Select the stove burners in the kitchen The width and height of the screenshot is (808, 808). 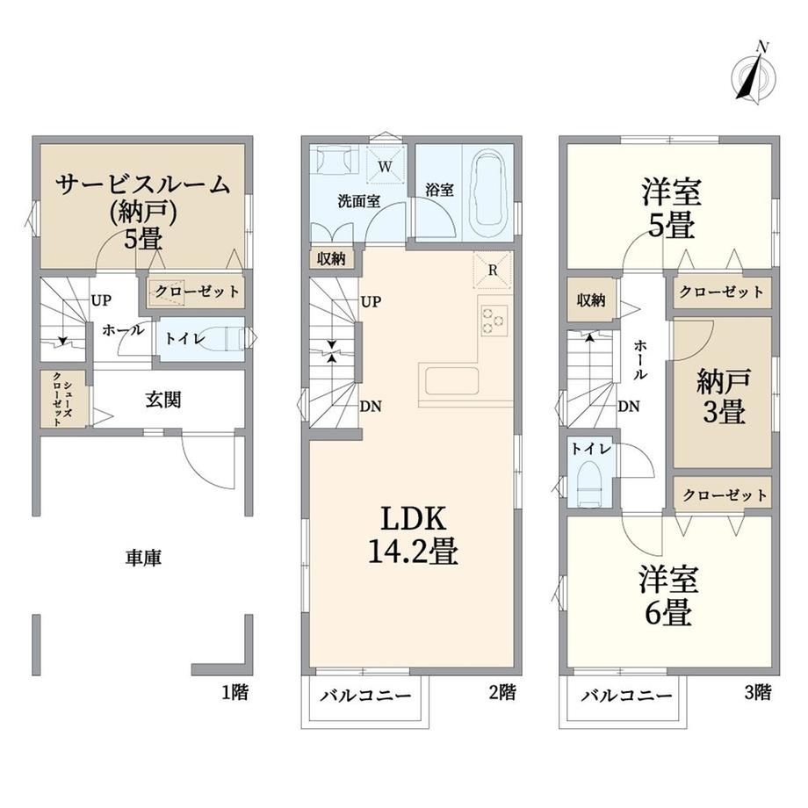[x=494, y=321]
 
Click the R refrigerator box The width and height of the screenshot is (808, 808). [x=492, y=271]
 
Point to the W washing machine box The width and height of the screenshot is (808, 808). [x=385, y=165]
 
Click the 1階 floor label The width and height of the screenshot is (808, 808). [x=234, y=692]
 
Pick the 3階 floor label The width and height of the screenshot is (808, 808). [x=757, y=692]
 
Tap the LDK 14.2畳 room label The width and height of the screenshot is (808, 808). [x=413, y=535]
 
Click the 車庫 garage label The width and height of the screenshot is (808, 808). [x=143, y=558]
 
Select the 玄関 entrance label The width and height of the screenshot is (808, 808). [x=162, y=400]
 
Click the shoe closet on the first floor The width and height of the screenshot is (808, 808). [x=63, y=399]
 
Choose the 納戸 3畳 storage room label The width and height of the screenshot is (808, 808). [x=724, y=396]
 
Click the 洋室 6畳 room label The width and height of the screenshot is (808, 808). [x=669, y=595]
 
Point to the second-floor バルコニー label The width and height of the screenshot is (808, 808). [x=366, y=696]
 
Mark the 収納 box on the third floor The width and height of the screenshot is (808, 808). [x=590, y=299]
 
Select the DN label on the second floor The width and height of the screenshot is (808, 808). [x=371, y=407]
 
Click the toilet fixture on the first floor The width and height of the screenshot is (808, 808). [x=227, y=338]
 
